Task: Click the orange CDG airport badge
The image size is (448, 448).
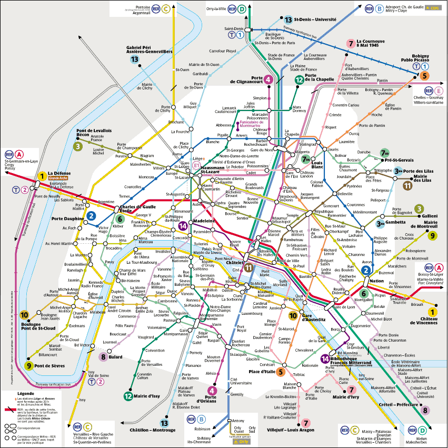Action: click(434, 8)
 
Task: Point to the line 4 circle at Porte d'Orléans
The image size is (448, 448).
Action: click(212, 390)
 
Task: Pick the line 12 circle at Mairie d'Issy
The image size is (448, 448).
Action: click(128, 396)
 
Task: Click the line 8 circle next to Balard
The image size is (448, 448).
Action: click(103, 357)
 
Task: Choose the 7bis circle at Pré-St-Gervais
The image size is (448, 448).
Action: click(384, 153)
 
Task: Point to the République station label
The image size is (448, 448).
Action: click(324, 211)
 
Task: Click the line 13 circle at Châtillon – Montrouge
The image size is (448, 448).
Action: click(165, 423)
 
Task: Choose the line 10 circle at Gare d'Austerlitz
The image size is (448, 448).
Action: click(293, 315)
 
